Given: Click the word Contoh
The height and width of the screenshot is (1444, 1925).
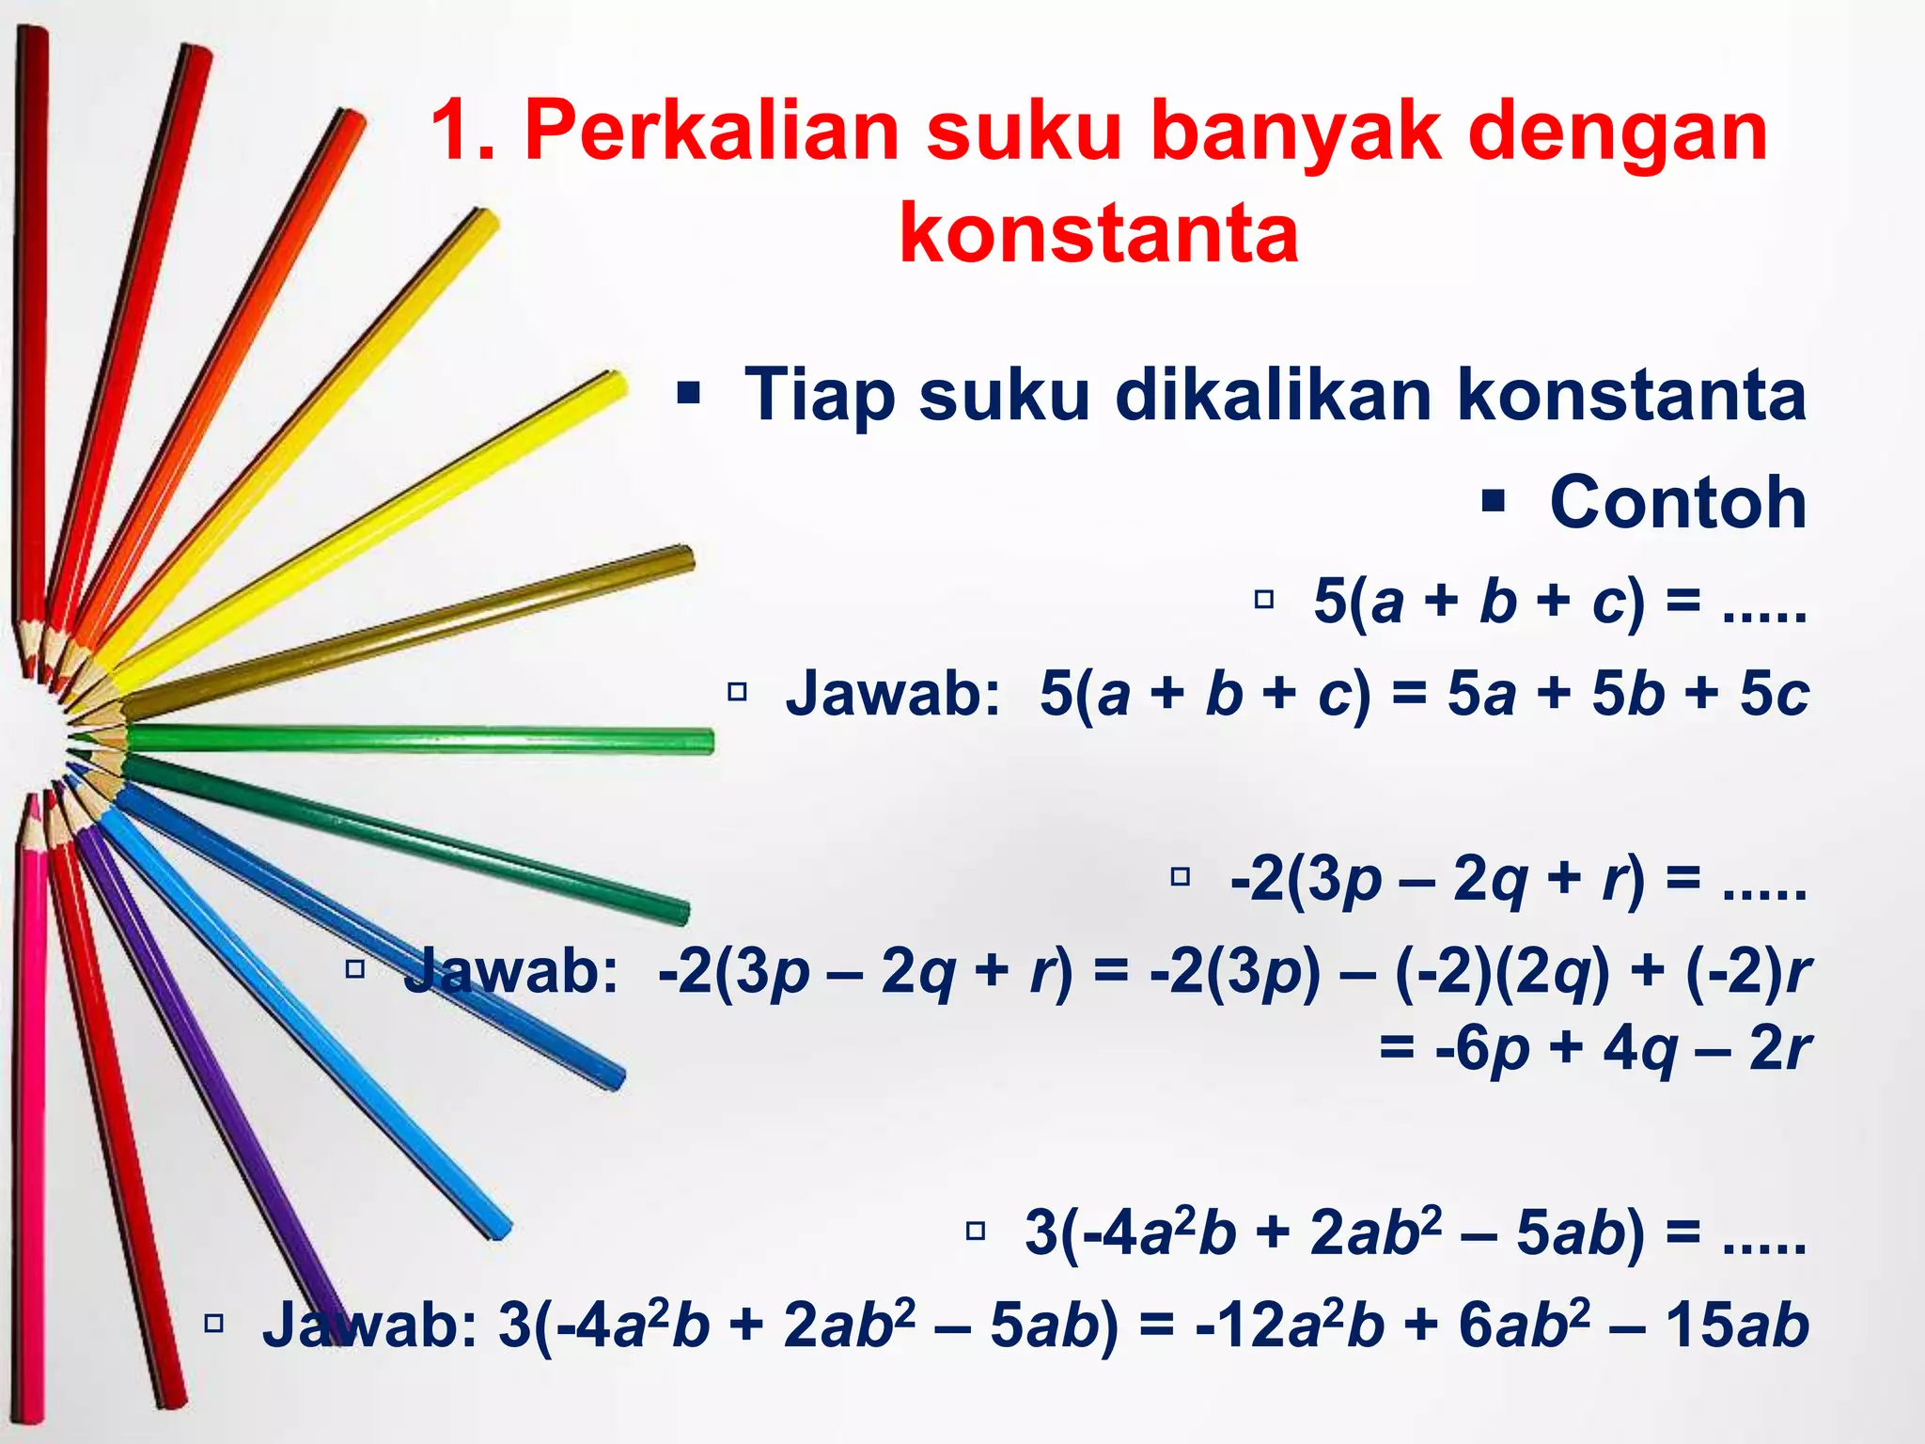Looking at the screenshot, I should pos(1678,502).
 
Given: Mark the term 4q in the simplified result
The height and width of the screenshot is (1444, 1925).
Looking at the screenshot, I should pos(1639,1049).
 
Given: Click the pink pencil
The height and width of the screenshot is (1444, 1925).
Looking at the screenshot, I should pos(32,1081).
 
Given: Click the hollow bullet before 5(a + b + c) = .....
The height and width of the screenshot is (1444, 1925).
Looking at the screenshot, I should pos(1264,599).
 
